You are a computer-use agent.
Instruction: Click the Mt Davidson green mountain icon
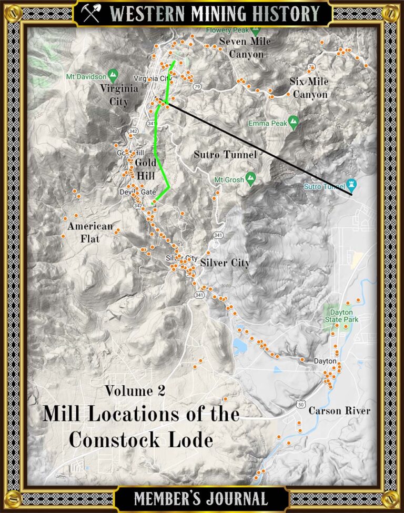click(112, 75)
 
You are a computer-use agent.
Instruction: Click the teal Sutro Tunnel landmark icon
click(352, 184)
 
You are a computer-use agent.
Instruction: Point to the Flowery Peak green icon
click(256, 31)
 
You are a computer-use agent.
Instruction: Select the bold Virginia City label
click(119, 95)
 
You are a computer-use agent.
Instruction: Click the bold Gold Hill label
click(146, 169)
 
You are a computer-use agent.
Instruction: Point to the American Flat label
click(90, 233)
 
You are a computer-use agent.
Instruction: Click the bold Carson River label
click(339, 410)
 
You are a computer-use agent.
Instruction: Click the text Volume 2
click(135, 390)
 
